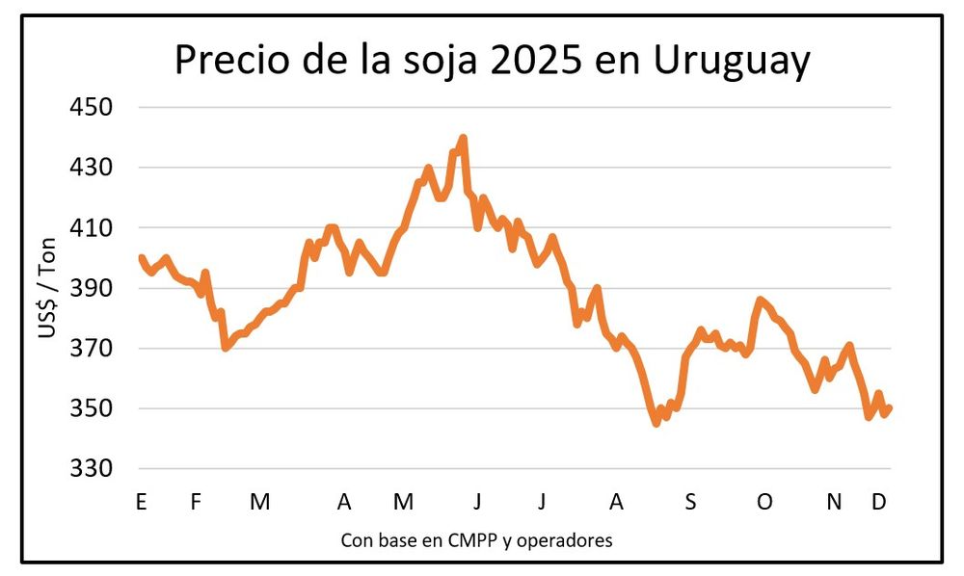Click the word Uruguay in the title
point(732,62)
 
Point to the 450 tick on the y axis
point(92,107)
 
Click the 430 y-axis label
point(92,168)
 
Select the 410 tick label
point(92,228)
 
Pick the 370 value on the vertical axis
point(92,349)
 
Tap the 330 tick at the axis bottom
point(92,469)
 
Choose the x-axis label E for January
point(142,502)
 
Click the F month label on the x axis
point(196,502)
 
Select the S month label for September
point(690,502)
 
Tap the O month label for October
point(764,502)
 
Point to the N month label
point(835,502)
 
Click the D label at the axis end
point(879,502)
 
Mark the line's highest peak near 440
point(463,139)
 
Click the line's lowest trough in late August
point(656,422)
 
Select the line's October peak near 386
point(760,301)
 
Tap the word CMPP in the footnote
point(471,540)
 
